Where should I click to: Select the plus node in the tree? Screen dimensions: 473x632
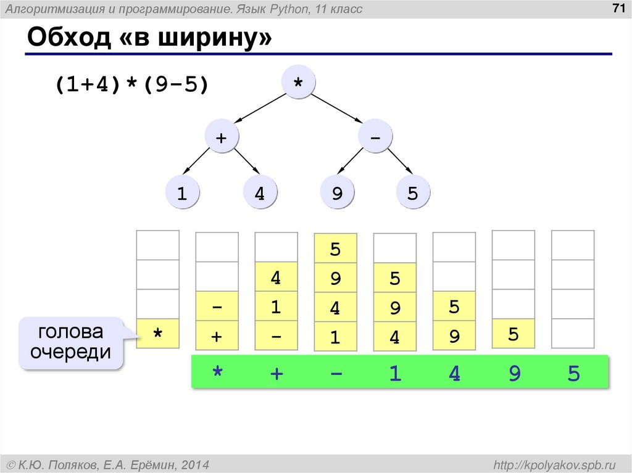tap(221, 138)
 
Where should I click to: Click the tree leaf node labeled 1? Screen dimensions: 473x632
tap(182, 194)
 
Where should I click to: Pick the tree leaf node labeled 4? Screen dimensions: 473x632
tap(260, 194)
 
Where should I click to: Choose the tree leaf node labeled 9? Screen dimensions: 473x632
tap(337, 194)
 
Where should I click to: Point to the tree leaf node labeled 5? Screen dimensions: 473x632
tap(413, 194)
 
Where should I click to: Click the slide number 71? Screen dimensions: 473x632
tap(616, 8)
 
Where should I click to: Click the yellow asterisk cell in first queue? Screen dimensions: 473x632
tap(158, 334)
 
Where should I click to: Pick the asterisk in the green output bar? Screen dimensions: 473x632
tap(217, 373)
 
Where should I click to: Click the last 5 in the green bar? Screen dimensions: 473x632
tap(574, 373)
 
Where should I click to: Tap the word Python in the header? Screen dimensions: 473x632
tap(272, 9)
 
